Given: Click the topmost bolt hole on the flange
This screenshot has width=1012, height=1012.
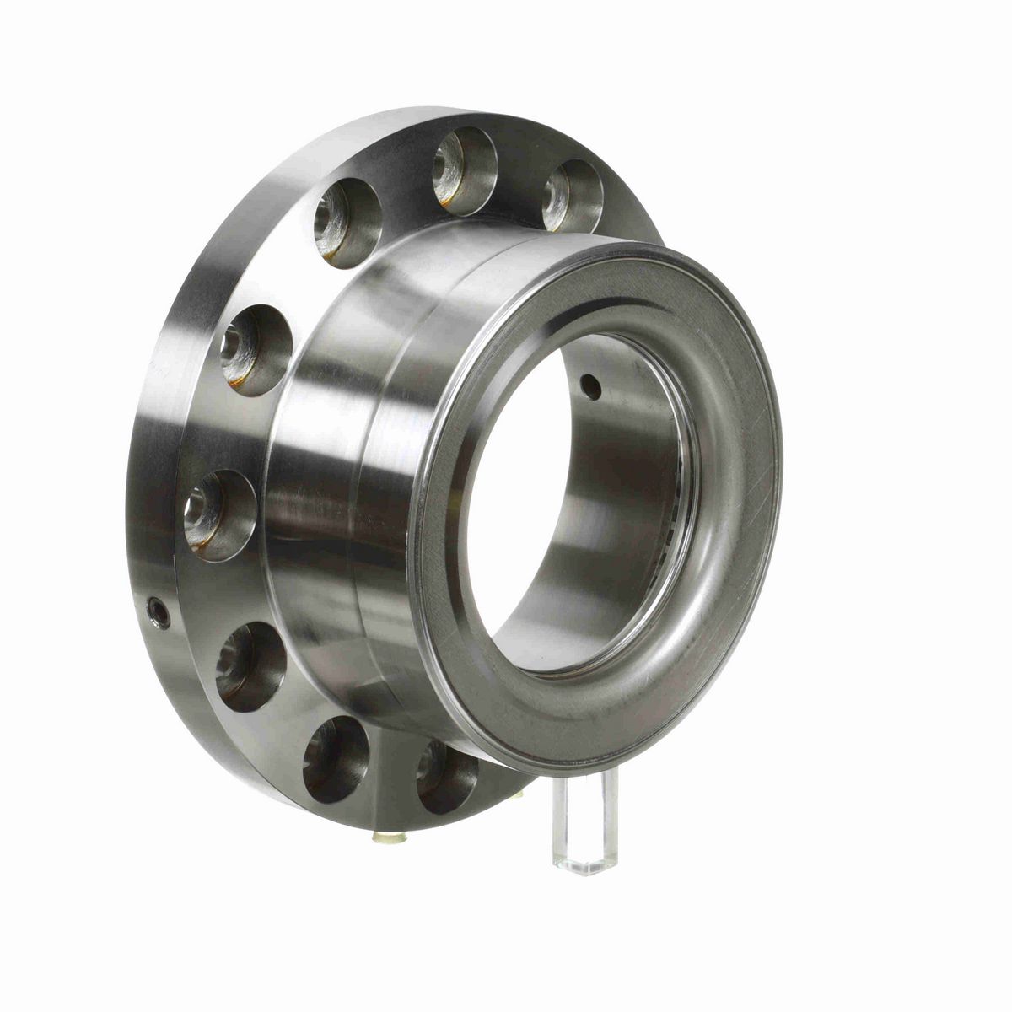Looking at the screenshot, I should coord(465,166).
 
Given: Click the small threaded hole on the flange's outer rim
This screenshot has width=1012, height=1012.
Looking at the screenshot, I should coord(157,612).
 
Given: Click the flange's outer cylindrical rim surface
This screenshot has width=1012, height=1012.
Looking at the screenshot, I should coord(169,422).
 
